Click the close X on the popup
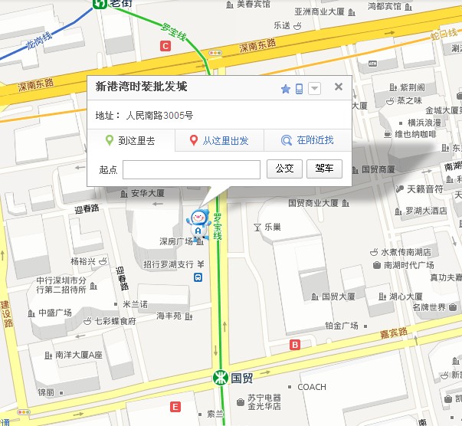(339, 87)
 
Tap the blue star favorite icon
(286, 89)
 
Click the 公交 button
(284, 169)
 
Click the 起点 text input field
(191, 169)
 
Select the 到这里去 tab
(131, 140)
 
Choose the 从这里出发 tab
(219, 140)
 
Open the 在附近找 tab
(307, 140)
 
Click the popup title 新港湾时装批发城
(141, 87)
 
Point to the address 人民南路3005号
(159, 116)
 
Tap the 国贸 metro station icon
(219, 377)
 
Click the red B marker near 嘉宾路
(295, 345)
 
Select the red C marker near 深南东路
(165, 46)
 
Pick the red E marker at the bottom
(175, 406)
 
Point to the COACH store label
(312, 387)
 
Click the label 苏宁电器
(264, 398)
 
